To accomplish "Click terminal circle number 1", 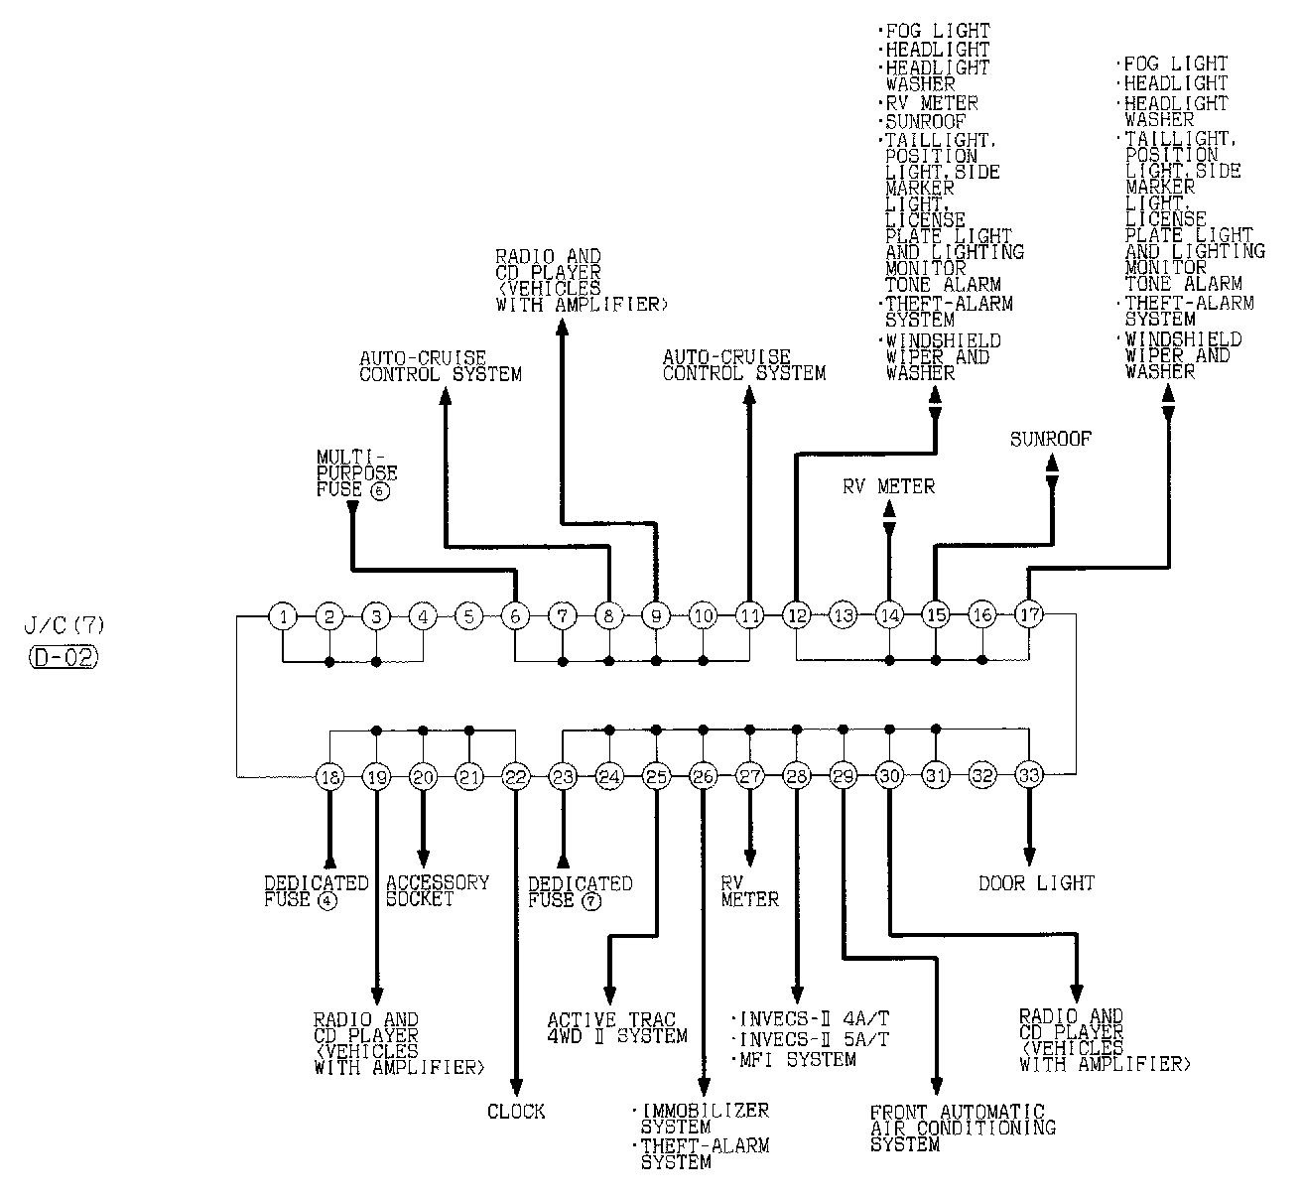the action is pos(283,616).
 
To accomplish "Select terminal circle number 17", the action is pos(1029,614).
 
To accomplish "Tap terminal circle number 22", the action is pos(516,776).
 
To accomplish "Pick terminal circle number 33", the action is pos(1029,774).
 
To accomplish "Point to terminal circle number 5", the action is pos(469,616).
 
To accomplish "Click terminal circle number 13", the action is pos(844,614).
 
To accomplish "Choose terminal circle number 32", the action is pos(982,776).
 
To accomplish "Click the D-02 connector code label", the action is pos(64,658).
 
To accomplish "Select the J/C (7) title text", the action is pos(65,625).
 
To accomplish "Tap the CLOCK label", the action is pos(516,1112).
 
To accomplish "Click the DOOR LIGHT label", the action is pos(1036,882).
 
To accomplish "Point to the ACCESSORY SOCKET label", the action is pos(438,890).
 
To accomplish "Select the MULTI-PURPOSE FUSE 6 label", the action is pos(356,474).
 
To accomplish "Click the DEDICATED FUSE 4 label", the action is pos(317,892).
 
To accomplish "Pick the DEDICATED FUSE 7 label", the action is pos(580,892).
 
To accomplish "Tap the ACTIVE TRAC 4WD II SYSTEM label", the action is pos(616,1028).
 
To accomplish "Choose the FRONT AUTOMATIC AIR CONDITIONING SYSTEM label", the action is pos(963,1129).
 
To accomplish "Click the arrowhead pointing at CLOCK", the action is pos(516,1088).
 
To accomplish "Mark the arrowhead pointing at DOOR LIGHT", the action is pos(1029,857).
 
